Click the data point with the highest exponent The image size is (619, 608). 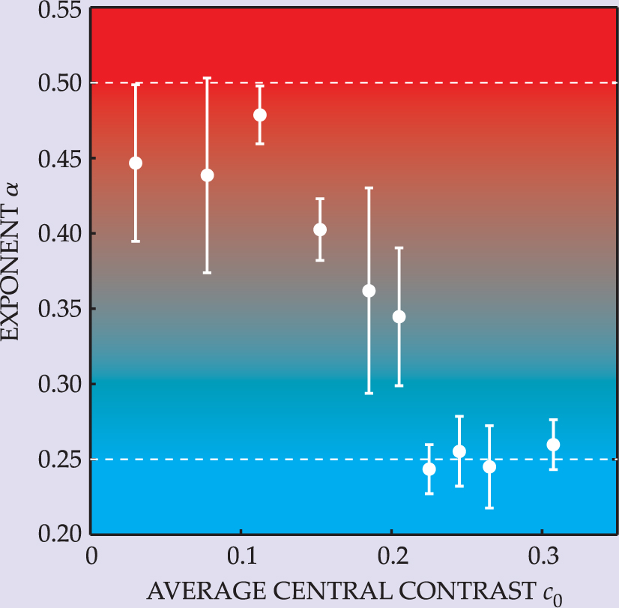click(260, 115)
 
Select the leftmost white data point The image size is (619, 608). click(136, 163)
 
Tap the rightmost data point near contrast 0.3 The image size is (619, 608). click(553, 445)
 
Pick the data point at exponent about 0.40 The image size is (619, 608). click(320, 229)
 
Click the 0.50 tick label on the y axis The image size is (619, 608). click(58, 83)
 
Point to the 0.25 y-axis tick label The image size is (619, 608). click(58, 460)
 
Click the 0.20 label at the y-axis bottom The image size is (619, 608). click(58, 533)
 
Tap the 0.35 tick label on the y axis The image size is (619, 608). click(58, 309)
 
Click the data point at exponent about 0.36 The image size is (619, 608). click(369, 291)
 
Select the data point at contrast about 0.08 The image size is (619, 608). click(208, 175)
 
